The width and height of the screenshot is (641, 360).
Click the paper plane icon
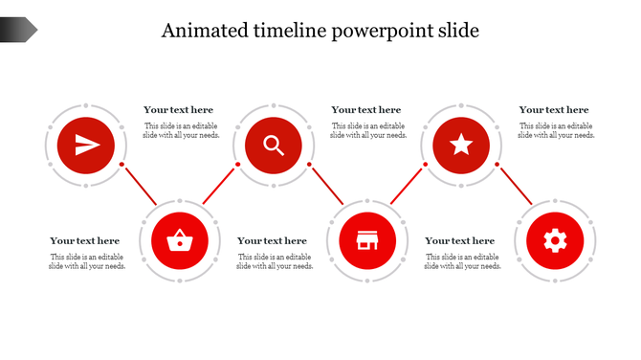point(86,146)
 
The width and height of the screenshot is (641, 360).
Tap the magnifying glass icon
point(274,146)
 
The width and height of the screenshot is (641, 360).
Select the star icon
point(461,146)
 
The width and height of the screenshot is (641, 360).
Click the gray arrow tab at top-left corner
point(18,31)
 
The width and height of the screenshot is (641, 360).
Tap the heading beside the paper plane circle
point(179,110)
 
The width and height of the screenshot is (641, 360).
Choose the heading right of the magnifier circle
point(366,110)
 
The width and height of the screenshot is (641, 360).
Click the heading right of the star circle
point(554,110)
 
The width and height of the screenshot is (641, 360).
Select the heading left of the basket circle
point(85,241)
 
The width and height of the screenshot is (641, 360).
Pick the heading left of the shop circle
point(273,241)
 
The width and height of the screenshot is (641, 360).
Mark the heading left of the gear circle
point(460,241)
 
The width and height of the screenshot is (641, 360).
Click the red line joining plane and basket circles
point(140,184)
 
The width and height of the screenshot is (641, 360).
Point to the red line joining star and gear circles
point(515,184)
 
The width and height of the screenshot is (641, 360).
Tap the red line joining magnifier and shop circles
point(327,184)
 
